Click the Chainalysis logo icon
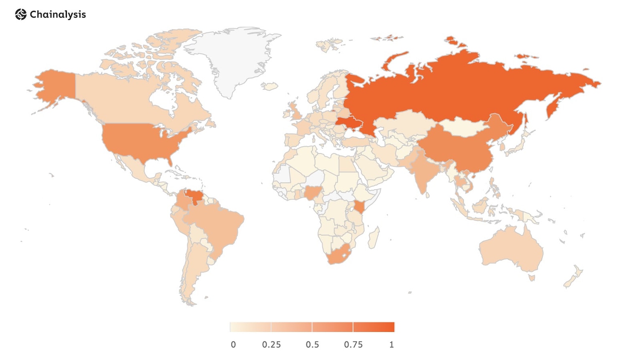pyautogui.click(x=20, y=15)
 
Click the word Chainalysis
pyautogui.click(x=58, y=15)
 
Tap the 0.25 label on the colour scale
pyautogui.click(x=271, y=345)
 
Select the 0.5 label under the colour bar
pyautogui.click(x=312, y=345)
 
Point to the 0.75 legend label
pyautogui.click(x=353, y=345)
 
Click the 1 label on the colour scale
pyautogui.click(x=391, y=345)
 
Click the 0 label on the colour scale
pyautogui.click(x=233, y=345)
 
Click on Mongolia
pyautogui.click(x=461, y=127)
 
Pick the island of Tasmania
pyautogui.click(x=532, y=278)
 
